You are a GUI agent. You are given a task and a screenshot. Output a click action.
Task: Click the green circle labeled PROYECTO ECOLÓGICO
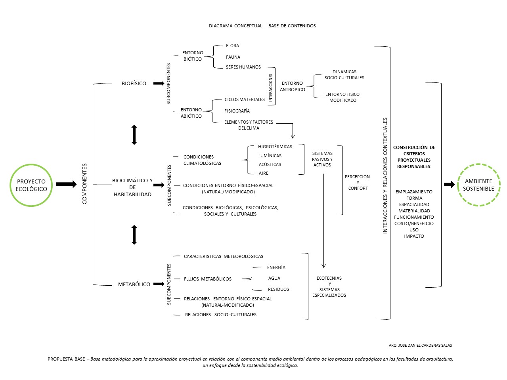click(31, 164)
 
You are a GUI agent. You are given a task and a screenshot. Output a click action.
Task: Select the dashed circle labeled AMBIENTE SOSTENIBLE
click(478, 164)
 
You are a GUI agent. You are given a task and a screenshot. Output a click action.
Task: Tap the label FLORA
click(232, 46)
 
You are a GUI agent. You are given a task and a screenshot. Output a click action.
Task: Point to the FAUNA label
click(233, 57)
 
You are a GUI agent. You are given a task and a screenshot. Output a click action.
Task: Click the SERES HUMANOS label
click(243, 67)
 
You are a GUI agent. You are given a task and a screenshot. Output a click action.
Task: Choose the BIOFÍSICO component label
click(134, 83)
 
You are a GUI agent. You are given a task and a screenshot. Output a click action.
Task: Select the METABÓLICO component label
click(134, 284)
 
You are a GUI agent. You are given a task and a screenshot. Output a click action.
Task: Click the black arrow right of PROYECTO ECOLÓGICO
click(66, 184)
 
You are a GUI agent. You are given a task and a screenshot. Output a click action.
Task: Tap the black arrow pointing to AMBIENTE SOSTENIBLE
click(449, 185)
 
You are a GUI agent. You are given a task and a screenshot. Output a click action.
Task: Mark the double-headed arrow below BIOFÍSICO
click(134, 135)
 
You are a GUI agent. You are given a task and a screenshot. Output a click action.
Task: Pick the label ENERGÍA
click(276, 267)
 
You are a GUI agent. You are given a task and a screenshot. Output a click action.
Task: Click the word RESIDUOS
click(278, 289)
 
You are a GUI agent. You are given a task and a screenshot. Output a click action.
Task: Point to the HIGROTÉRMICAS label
click(275, 147)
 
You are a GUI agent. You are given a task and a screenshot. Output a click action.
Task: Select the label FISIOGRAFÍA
click(237, 111)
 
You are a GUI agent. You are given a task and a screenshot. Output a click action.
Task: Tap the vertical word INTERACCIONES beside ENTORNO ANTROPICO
click(270, 88)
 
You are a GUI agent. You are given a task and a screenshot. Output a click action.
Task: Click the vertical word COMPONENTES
click(84, 184)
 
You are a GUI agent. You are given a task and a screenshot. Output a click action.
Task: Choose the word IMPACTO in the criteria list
click(414, 236)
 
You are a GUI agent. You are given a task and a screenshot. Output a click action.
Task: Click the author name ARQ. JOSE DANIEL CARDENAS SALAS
click(420, 346)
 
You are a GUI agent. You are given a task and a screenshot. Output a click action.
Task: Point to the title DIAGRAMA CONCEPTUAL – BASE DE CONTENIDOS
click(262, 26)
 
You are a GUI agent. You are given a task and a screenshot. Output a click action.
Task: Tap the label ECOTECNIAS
click(329, 278)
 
